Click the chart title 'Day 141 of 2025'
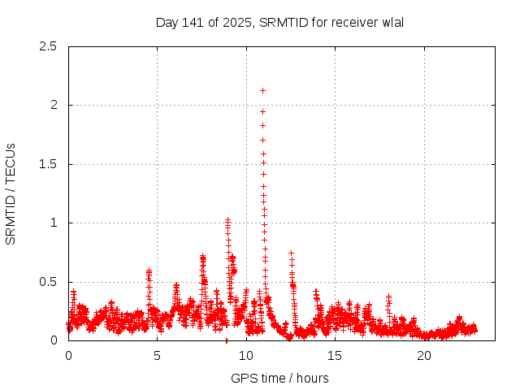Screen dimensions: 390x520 [203, 22]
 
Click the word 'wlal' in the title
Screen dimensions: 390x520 [392, 22]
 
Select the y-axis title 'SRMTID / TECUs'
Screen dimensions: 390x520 [11, 193]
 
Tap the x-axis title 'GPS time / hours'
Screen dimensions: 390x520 [279, 378]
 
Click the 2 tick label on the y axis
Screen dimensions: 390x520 [53, 105]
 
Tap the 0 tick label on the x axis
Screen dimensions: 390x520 [68, 355]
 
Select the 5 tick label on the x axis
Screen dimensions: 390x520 [157, 355]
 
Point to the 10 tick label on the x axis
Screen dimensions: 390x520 [246, 355]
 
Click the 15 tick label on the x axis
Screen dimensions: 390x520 [335, 355]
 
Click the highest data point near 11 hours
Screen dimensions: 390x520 [262, 90]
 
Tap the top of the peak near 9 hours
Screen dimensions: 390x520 [228, 219]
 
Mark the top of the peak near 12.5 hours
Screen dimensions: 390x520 [291, 253]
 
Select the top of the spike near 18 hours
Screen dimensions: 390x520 [388, 297]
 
